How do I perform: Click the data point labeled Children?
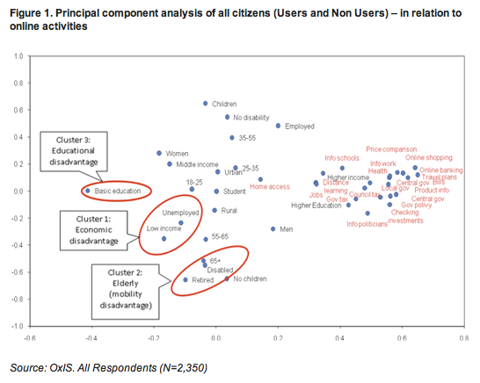[206, 103]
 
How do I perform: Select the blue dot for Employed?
[278, 126]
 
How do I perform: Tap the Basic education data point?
[87, 191]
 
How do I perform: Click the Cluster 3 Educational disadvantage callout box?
[74, 150]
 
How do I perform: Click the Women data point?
[159, 153]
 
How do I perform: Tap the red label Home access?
[270, 187]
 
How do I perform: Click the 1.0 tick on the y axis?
[18, 56]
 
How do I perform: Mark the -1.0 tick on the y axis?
[17, 326]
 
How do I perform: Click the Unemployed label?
[178, 213]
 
